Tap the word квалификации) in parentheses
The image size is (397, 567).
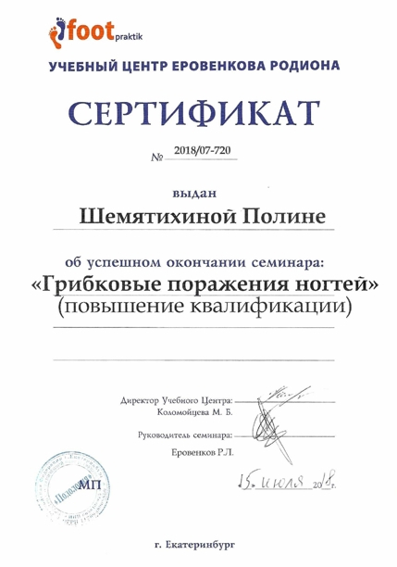(x=277, y=306)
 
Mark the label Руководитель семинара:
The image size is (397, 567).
(x=181, y=434)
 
